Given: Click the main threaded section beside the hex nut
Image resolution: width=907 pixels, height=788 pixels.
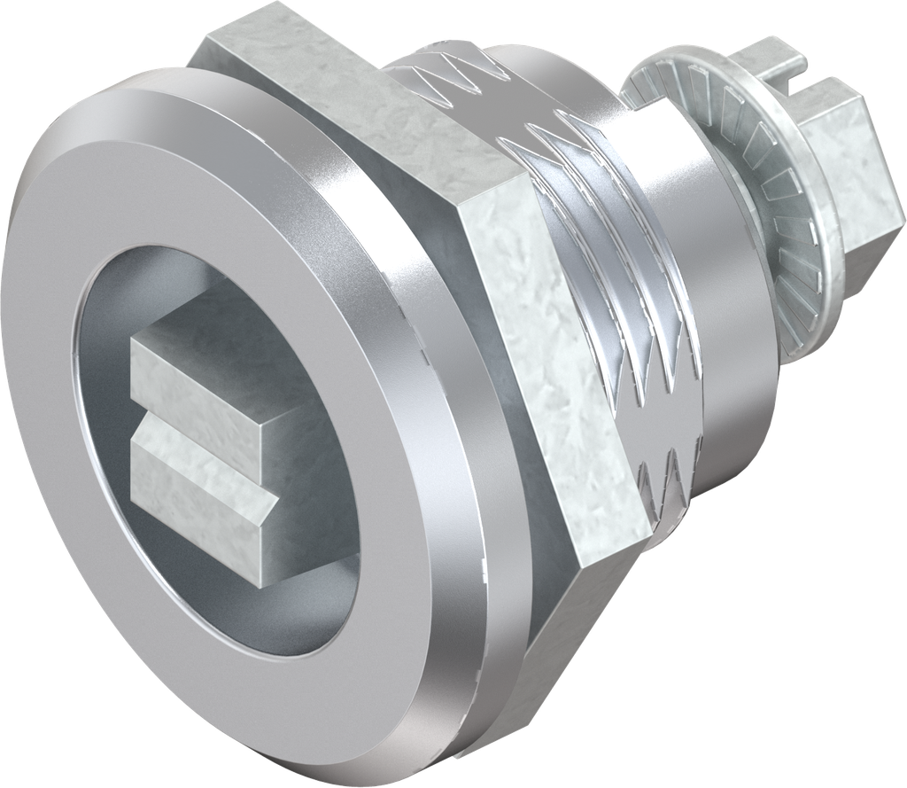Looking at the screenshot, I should pos(620,293).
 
